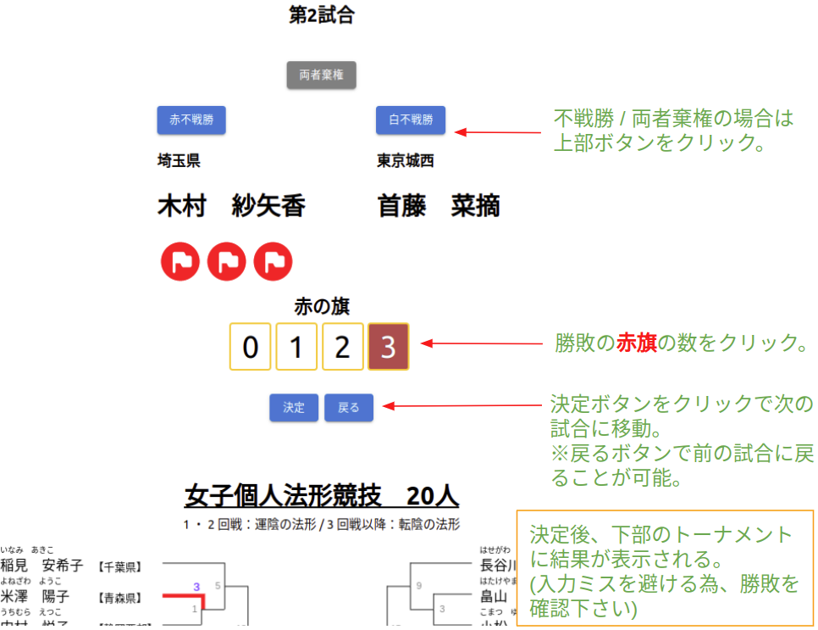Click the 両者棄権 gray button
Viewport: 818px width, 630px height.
(x=321, y=75)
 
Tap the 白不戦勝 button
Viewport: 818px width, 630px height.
(x=410, y=120)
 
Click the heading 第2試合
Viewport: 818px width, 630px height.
(x=321, y=15)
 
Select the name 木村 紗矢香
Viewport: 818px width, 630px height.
(x=231, y=206)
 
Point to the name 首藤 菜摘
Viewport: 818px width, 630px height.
(x=438, y=206)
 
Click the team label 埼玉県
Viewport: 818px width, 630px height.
(x=179, y=160)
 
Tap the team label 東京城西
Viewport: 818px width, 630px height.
(x=405, y=160)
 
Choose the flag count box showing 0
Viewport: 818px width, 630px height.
(x=251, y=347)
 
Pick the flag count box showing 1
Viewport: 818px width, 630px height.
(x=296, y=347)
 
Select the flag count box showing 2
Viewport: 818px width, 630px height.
(x=342, y=347)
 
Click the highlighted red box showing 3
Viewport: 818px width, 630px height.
(x=388, y=347)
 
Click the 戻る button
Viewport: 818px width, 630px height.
(x=348, y=408)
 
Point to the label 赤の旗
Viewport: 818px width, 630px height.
(x=321, y=306)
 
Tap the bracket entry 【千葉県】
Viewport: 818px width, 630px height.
(x=119, y=566)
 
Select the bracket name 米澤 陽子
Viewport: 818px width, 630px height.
(x=35, y=596)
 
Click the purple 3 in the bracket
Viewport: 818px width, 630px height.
(x=196, y=586)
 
